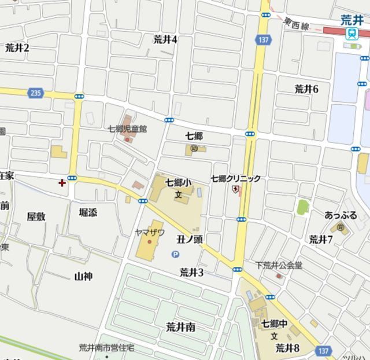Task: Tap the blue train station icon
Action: (x=351, y=34)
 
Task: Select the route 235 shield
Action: (x=35, y=92)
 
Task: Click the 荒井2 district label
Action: (x=17, y=48)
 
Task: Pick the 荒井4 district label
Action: (x=165, y=39)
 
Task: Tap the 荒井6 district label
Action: (x=306, y=89)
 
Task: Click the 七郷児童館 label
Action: (x=127, y=128)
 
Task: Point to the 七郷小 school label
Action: (x=177, y=182)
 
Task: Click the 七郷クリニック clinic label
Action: (x=235, y=179)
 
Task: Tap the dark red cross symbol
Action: (x=62, y=183)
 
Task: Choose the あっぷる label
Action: (x=341, y=215)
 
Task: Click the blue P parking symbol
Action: (x=175, y=254)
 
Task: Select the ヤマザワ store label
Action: (x=150, y=232)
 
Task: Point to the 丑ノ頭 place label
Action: (x=190, y=239)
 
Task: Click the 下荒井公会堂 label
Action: (x=279, y=266)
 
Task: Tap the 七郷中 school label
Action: (x=274, y=324)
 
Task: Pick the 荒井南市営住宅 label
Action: (x=106, y=348)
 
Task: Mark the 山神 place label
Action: (x=83, y=276)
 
